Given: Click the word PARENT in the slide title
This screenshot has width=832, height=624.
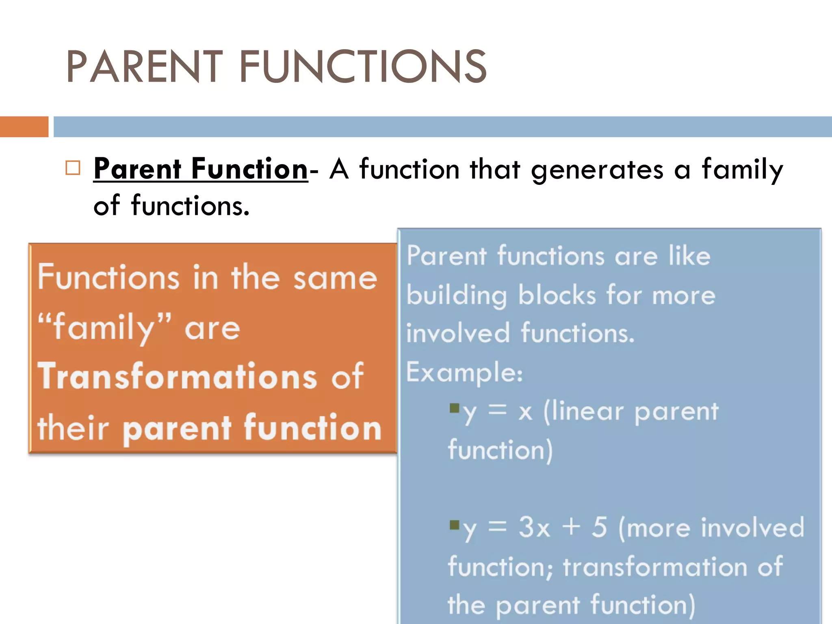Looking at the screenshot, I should (x=144, y=67).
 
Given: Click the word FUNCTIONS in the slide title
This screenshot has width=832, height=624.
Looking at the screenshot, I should (x=363, y=67).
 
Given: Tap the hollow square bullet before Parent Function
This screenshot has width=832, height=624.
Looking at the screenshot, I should (x=73, y=168).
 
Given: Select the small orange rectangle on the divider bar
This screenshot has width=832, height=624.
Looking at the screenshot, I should (x=24, y=127).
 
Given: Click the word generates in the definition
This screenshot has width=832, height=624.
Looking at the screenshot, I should (x=597, y=170).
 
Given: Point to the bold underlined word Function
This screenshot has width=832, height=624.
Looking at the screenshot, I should (x=249, y=169).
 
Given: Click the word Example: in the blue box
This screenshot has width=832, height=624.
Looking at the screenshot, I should (x=465, y=372).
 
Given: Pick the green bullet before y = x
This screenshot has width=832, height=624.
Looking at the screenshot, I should (x=454, y=407).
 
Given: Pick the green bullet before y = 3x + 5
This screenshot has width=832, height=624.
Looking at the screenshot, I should (x=454, y=524).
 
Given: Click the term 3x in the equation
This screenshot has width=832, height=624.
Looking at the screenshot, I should (x=534, y=528).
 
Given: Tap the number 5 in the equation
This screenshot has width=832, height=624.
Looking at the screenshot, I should (x=599, y=527).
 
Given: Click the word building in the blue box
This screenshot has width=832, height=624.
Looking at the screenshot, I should (x=457, y=295).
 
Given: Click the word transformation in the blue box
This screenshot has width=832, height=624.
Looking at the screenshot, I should (x=655, y=567).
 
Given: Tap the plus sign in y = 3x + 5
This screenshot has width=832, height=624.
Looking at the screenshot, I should (x=571, y=528).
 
